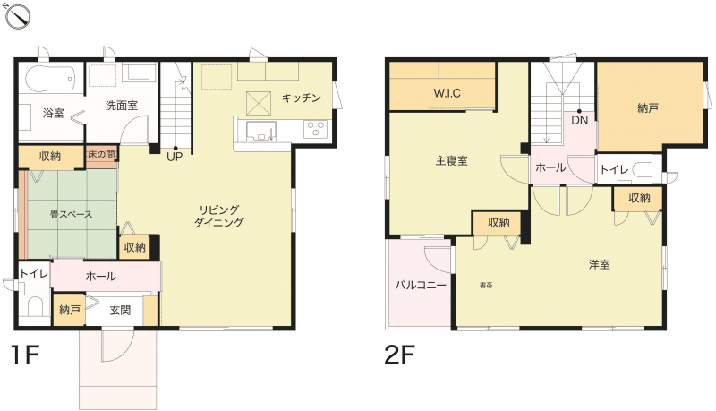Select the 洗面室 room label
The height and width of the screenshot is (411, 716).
point(122,106)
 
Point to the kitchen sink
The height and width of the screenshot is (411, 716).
point(261,131)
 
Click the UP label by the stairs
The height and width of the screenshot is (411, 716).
point(175,157)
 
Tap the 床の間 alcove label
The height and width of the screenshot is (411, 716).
point(101,154)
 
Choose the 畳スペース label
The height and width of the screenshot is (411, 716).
point(71,214)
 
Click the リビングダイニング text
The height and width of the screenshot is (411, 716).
point(219,216)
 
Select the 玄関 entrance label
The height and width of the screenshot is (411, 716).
point(120,311)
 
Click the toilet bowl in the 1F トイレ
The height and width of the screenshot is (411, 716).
point(35,306)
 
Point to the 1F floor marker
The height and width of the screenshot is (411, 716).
point(25,355)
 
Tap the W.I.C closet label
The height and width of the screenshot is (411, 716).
point(447,94)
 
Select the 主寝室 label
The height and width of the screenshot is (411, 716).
point(451,161)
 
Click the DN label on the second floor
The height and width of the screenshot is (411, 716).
point(579,121)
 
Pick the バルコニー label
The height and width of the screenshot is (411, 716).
point(421,286)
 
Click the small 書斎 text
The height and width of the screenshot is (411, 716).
point(486,286)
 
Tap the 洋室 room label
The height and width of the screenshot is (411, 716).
point(599,264)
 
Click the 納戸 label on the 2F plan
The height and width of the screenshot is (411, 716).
point(648,108)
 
